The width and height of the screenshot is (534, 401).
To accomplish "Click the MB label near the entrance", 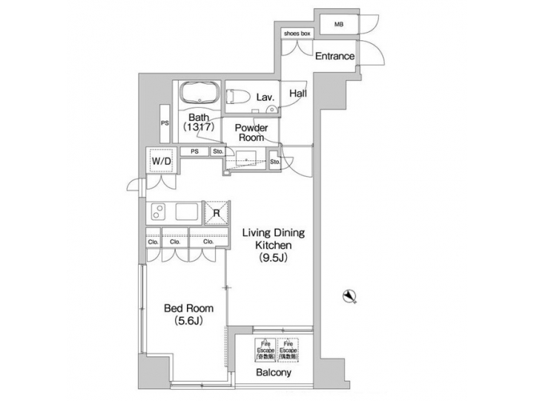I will pyautogui.click(x=338, y=25).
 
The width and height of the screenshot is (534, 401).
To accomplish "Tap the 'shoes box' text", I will pyautogui.click(x=297, y=33).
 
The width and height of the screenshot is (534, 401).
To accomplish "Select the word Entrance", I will pyautogui.click(x=334, y=56).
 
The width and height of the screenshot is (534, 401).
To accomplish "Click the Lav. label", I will pyautogui.click(x=266, y=97).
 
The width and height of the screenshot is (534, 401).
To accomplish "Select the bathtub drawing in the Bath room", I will pyautogui.click(x=198, y=95).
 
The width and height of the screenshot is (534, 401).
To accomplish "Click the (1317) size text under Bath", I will pyautogui.click(x=198, y=128).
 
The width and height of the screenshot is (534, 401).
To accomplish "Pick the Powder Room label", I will pyautogui.click(x=251, y=132).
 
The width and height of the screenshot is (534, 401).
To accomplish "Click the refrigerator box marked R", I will pyautogui.click(x=217, y=212).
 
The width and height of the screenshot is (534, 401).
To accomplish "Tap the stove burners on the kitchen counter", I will pyautogui.click(x=158, y=212).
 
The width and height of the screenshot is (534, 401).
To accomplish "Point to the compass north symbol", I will pyautogui.click(x=348, y=297).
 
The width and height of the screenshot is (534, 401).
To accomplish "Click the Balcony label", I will pyautogui.click(x=274, y=373).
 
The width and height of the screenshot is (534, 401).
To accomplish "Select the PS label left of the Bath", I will pyautogui.click(x=165, y=123).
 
